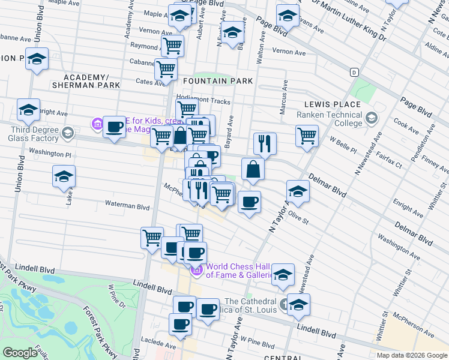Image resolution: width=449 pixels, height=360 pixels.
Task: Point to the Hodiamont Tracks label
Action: [x=203, y=101]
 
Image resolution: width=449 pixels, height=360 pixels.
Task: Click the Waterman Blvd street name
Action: [x=127, y=206]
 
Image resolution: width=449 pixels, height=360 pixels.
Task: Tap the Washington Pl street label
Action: [x=50, y=154]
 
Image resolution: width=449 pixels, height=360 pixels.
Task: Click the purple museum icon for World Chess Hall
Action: [x=196, y=271]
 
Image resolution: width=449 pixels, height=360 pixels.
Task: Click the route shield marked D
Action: [x=354, y=72]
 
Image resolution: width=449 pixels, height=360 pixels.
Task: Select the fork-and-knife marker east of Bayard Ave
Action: [x=265, y=143]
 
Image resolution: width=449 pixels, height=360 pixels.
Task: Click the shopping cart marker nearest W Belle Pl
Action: [x=307, y=135]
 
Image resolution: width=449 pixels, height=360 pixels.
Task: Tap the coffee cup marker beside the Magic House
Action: [x=114, y=127]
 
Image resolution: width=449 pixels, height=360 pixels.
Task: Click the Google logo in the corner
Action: [x=20, y=353]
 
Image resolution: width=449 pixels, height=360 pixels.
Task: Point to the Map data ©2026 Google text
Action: [x=411, y=355]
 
